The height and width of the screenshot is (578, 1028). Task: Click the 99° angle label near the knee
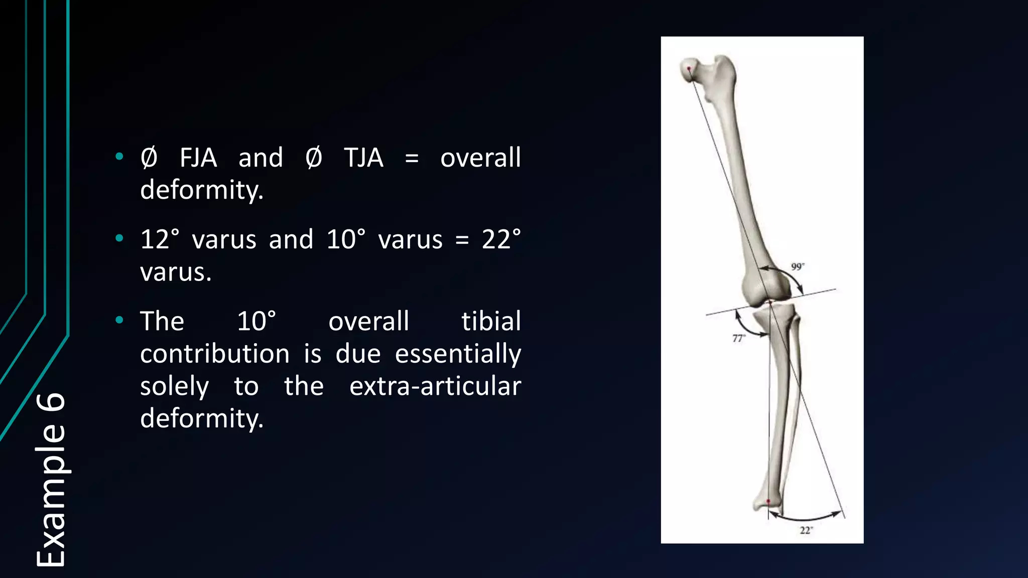pyautogui.click(x=797, y=266)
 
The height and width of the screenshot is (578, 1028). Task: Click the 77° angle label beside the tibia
pyautogui.click(x=738, y=339)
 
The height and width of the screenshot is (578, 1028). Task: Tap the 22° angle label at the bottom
pyautogui.click(x=806, y=530)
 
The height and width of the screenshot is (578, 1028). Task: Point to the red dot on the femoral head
pyautogui.click(x=689, y=69)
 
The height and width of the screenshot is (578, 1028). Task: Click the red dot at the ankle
pyautogui.click(x=768, y=501)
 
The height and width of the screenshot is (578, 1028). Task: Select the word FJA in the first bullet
pyautogui.click(x=198, y=158)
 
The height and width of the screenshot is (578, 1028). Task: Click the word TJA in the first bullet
pyautogui.click(x=363, y=158)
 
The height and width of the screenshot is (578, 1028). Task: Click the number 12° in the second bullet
pyautogui.click(x=160, y=240)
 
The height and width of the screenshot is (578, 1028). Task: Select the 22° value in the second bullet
pyautogui.click(x=501, y=240)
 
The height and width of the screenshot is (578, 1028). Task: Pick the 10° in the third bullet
pyautogui.click(x=256, y=322)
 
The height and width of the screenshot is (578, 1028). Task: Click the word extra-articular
pyautogui.click(x=435, y=386)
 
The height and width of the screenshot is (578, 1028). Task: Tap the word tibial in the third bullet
pyautogui.click(x=491, y=322)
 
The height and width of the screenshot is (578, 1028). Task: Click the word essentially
pyautogui.click(x=458, y=354)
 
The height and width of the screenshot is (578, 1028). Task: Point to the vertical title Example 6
pyautogui.click(x=50, y=479)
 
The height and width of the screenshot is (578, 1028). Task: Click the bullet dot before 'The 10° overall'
pyautogui.click(x=119, y=320)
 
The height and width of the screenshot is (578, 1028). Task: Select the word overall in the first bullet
pyautogui.click(x=480, y=158)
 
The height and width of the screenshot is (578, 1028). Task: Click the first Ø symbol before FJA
pyautogui.click(x=149, y=158)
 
